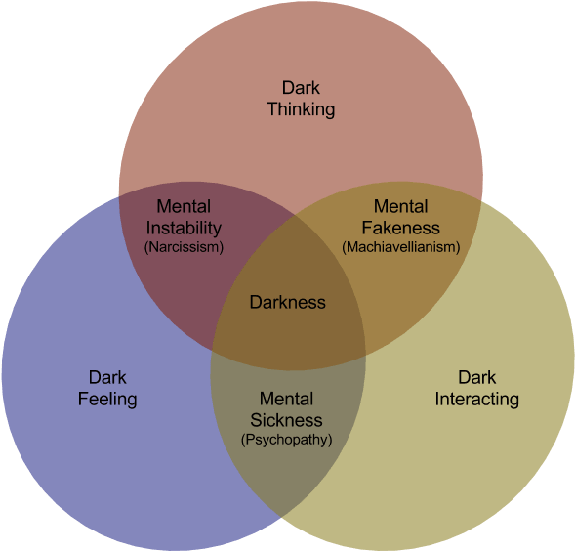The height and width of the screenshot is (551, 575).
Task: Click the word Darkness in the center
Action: pyautogui.click(x=287, y=302)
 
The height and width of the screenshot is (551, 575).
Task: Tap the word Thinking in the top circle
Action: pyautogui.click(x=301, y=109)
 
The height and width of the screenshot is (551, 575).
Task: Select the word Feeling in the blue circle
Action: pyautogui.click(x=107, y=399)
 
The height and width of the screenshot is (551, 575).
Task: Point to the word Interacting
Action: pyautogui.click(x=477, y=399)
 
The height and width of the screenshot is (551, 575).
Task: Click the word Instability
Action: pyautogui.click(x=184, y=228)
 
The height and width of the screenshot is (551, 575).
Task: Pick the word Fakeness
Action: pyautogui.click(x=401, y=228)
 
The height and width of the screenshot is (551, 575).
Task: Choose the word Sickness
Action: pyautogui.click(x=286, y=420)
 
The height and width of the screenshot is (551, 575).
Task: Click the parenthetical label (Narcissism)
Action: pyautogui.click(x=184, y=247)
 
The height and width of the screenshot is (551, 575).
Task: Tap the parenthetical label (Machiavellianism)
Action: pyautogui.click(x=401, y=247)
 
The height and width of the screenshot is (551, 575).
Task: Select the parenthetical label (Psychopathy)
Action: pyautogui.click(x=286, y=440)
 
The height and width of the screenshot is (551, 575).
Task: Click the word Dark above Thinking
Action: pyautogui.click(x=301, y=88)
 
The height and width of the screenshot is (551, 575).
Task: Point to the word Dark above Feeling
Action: pyautogui.click(x=107, y=378)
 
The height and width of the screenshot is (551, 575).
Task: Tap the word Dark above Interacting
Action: pyautogui.click(x=477, y=378)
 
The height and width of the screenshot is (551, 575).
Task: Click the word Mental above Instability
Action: pyautogui.click(x=184, y=207)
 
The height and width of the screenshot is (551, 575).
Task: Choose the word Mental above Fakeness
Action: pyautogui.click(x=401, y=207)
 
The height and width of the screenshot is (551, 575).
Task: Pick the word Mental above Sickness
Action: pyautogui.click(x=286, y=399)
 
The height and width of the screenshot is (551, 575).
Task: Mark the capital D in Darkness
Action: pyautogui.click(x=256, y=302)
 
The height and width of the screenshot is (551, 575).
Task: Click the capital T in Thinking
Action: pyautogui.click(x=272, y=108)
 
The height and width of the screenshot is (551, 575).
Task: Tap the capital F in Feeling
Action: pyautogui.click(x=83, y=399)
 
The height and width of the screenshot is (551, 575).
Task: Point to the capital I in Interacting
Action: pyautogui.click(x=437, y=399)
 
